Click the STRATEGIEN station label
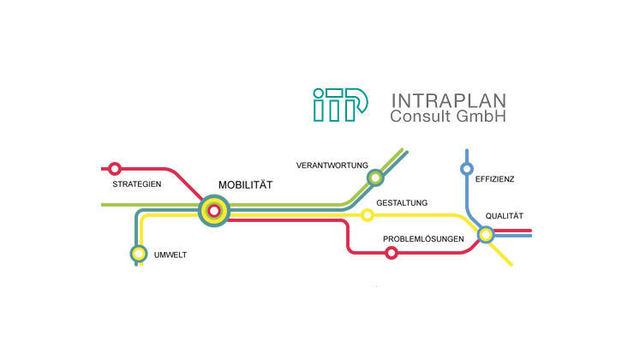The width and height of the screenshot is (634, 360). [x=137, y=184]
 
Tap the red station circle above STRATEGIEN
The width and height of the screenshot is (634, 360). [x=115, y=169]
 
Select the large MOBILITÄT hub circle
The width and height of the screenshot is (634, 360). [x=214, y=210]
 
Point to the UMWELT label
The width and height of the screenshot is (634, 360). [x=170, y=255]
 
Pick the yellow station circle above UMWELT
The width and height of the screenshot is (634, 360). [x=138, y=253]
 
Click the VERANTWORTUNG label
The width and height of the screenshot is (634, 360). [x=332, y=165]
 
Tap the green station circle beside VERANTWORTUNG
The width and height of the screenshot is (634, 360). [x=374, y=177]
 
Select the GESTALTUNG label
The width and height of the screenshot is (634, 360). [x=402, y=203]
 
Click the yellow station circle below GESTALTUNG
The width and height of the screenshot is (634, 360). [x=368, y=214]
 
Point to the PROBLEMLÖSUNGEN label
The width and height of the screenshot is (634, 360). [x=423, y=238]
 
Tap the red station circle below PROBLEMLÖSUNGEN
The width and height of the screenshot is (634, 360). [x=392, y=252]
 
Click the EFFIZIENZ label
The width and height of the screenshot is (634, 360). [x=494, y=179]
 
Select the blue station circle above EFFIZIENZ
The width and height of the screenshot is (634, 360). [x=467, y=168]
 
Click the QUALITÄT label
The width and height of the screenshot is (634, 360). [x=504, y=216]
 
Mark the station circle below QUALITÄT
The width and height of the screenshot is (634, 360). [x=485, y=233]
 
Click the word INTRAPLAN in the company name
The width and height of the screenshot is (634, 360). [x=448, y=99]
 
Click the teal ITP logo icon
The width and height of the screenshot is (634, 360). [x=341, y=105]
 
